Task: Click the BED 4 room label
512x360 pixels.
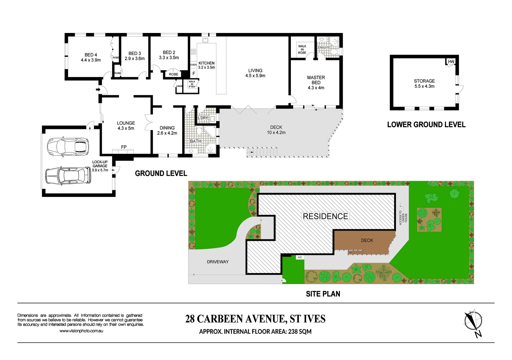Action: [x=91, y=55]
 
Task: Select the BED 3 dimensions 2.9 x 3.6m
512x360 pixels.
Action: [x=135, y=59]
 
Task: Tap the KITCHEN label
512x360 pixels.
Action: [x=206, y=63]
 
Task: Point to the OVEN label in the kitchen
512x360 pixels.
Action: [x=193, y=65]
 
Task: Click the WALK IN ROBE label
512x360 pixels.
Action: [x=302, y=49]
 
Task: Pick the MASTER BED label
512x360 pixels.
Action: [x=316, y=80]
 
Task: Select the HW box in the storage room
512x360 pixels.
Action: [x=451, y=62]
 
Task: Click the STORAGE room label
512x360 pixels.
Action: [x=424, y=81]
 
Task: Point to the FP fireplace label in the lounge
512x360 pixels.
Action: [x=124, y=147]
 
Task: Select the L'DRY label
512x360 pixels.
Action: [x=203, y=118]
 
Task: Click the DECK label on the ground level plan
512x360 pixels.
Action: [x=276, y=127]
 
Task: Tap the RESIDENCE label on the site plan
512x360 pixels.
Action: [x=325, y=216]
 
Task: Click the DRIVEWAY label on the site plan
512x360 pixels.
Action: [x=217, y=262]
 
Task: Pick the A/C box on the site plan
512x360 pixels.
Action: [x=300, y=257]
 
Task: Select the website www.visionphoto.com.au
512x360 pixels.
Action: [x=81, y=331]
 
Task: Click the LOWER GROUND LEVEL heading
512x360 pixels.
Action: [x=426, y=125]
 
